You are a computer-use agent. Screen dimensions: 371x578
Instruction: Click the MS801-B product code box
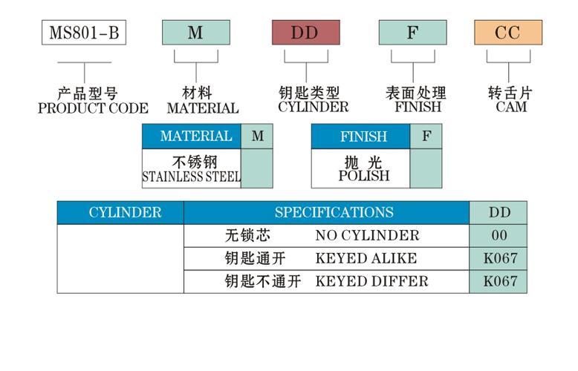(84, 33)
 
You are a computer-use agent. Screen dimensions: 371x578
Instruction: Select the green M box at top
(195, 33)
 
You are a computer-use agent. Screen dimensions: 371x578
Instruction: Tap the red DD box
(305, 33)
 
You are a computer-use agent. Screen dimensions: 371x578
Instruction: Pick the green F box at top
(412, 33)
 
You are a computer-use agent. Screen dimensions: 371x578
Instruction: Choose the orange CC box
(509, 33)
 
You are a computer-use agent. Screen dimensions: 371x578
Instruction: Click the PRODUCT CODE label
(92, 108)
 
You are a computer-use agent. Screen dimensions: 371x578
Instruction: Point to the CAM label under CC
(510, 107)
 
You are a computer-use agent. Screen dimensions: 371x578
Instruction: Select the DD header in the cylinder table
(499, 213)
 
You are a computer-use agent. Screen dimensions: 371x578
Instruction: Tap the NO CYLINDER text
(367, 236)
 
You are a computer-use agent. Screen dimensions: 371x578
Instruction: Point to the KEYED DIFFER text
(371, 281)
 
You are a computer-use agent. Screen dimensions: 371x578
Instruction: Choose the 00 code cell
(499, 236)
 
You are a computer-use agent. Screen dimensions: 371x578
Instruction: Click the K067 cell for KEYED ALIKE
(499, 259)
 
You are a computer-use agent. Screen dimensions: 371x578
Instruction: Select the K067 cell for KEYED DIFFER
(499, 281)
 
